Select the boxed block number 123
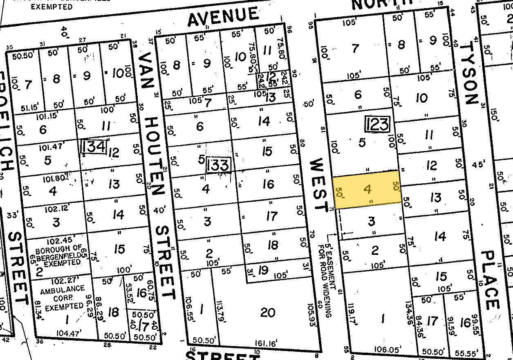point(377,124)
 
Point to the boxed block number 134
point(94,146)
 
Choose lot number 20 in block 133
point(268,313)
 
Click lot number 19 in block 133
point(264,270)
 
